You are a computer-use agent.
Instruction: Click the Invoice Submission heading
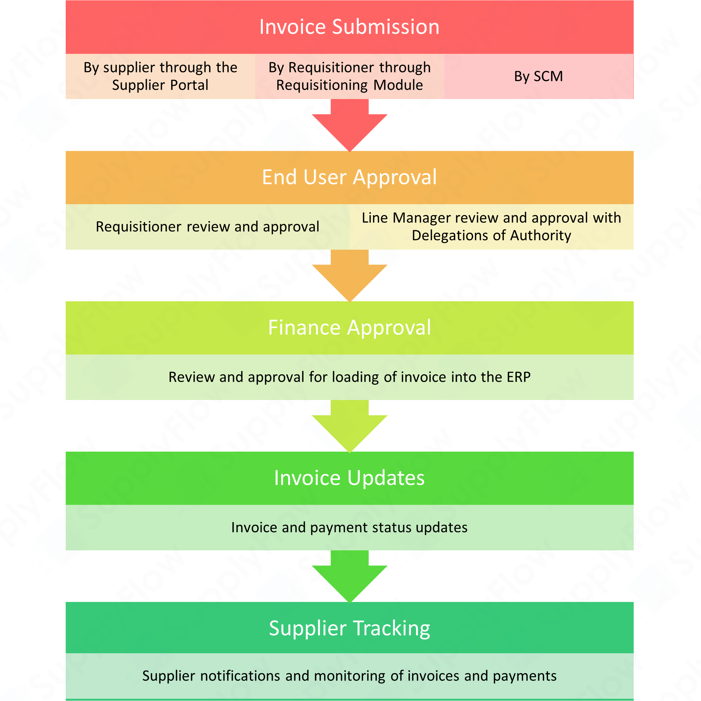pos(349,27)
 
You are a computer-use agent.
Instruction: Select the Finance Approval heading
pos(349,327)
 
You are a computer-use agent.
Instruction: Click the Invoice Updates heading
pos(349,478)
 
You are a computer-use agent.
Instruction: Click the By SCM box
pos(538,76)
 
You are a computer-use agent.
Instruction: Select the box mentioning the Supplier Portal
pos(160,76)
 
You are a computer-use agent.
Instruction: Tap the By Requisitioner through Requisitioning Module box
pos(349,76)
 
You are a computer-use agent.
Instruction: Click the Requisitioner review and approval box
pos(207,227)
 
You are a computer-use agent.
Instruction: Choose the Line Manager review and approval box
pos(491,227)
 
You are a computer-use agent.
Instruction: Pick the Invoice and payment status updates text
pos(349,527)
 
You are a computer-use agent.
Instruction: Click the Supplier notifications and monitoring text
pos(349,676)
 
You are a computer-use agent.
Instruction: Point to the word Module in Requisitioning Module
pos(398,85)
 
